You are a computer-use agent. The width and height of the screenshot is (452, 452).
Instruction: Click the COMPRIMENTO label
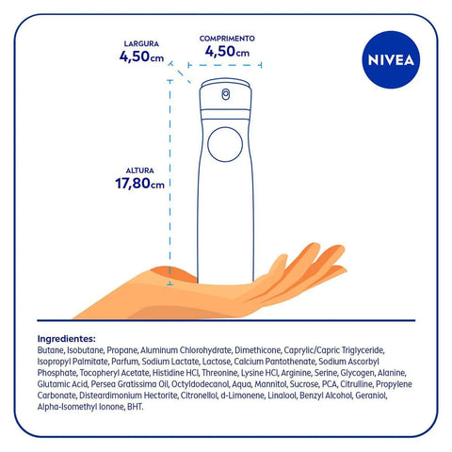point(227,38)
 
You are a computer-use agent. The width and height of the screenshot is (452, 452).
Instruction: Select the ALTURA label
point(139,170)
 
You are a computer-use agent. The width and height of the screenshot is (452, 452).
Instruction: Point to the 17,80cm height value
point(138,184)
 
